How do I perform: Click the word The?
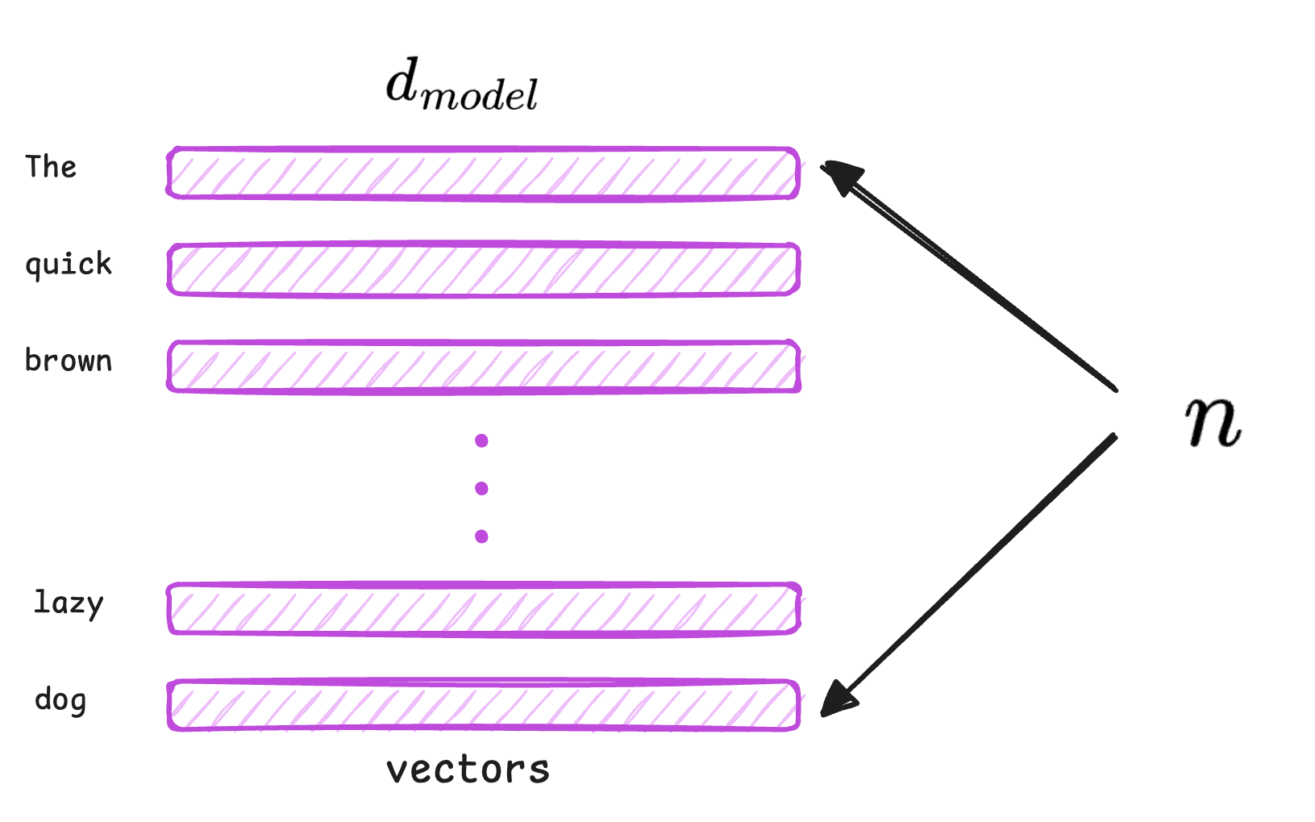[x=51, y=167]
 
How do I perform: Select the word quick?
[x=69, y=265]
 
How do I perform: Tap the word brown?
[x=69, y=361]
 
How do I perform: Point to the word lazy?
[x=69, y=603]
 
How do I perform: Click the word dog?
[x=60, y=700]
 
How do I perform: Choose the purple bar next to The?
[x=483, y=173]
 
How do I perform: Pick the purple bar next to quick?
[x=483, y=269]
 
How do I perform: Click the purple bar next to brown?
[x=483, y=366]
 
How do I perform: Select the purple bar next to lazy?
[x=483, y=609]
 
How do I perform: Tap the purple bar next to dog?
[x=483, y=706]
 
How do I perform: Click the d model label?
[x=461, y=85]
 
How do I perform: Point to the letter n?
[x=1213, y=421]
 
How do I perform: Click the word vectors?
[x=468, y=770]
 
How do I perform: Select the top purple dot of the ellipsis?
[x=481, y=440]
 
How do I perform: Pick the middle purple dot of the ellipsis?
[x=481, y=488]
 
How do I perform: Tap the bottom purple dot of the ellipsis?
[x=481, y=536]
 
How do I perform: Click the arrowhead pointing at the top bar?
[x=840, y=175]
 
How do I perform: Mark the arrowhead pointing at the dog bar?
[x=838, y=699]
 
